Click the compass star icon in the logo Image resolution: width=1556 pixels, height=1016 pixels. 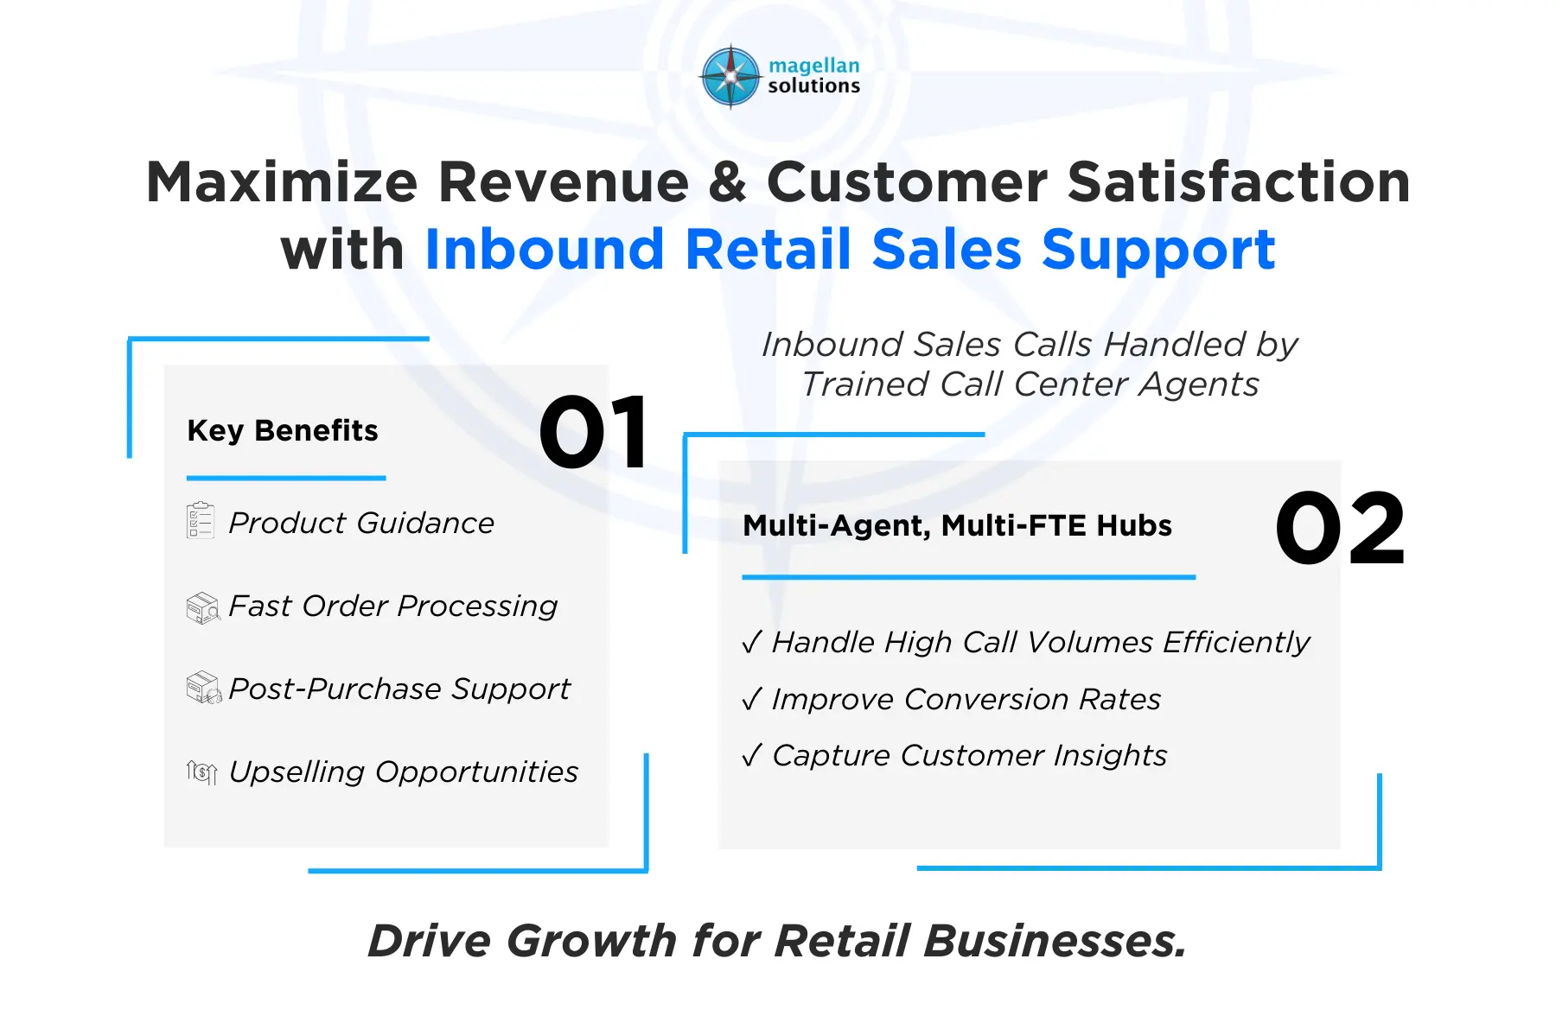pos(731,77)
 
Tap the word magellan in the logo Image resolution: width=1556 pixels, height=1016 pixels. pos(813,66)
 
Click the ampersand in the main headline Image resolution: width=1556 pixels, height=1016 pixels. pos(728,182)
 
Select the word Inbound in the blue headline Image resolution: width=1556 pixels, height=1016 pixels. pos(544,250)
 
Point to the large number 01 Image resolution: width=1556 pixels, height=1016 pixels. pos(594,432)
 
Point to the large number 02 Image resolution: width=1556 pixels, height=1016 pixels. pos(1340,528)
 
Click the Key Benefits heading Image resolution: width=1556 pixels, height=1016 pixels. pos(283,430)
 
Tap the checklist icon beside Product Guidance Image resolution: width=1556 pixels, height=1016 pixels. pos(201,521)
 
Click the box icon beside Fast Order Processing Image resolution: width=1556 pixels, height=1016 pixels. pos(203,607)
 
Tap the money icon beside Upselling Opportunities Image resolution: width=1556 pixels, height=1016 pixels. pos(201,772)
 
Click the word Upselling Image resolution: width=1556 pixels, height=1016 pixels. pos(297,772)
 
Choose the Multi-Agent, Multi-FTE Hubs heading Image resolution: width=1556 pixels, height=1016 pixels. pos(957,525)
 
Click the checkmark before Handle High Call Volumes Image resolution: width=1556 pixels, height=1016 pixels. pos(751,642)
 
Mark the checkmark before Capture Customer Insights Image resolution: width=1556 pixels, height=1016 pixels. pos(751,755)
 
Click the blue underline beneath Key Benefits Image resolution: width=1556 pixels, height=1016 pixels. pos(286,478)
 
